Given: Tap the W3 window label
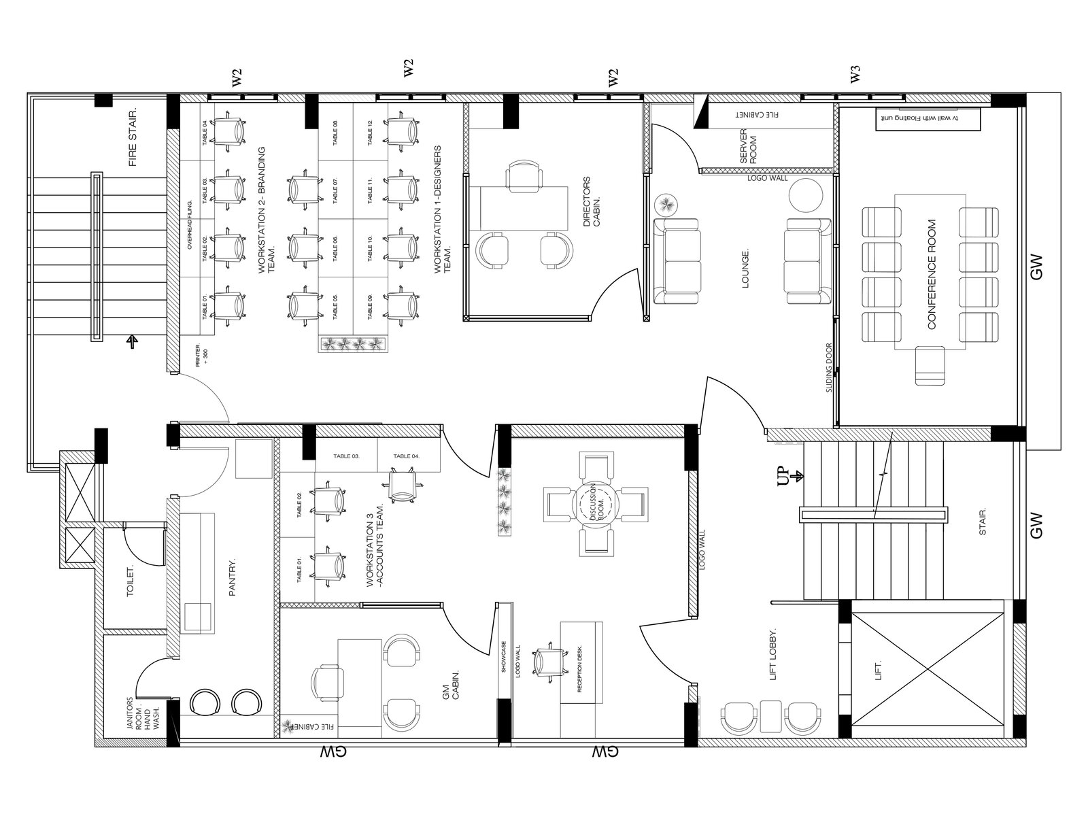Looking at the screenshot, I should click(x=855, y=75).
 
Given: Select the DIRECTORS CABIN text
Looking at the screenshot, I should click(x=592, y=202).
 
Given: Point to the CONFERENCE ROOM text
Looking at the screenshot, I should click(x=932, y=273).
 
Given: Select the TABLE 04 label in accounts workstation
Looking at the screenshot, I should click(x=407, y=456).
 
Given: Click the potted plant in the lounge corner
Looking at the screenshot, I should click(x=666, y=204).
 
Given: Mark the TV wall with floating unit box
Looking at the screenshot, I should click(x=928, y=118).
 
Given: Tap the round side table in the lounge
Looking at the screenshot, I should click(x=805, y=195).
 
